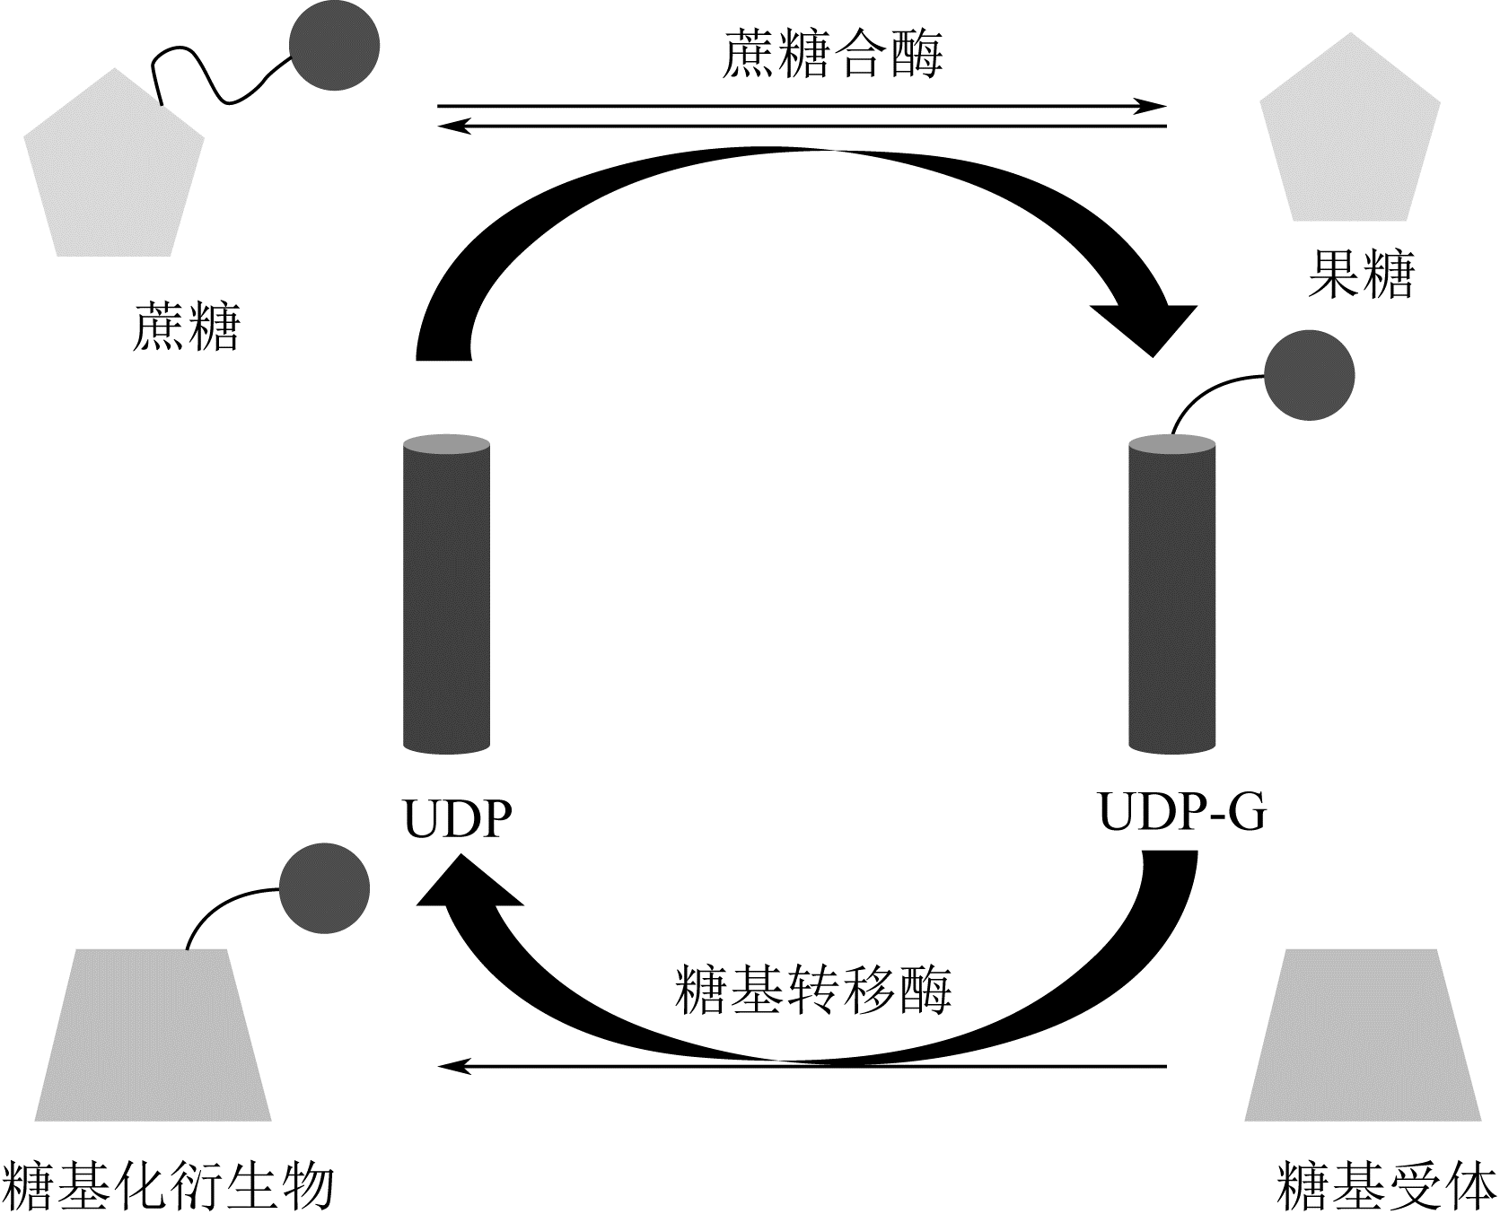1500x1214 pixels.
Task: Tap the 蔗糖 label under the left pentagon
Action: click(187, 326)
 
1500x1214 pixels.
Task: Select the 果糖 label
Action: click(1361, 274)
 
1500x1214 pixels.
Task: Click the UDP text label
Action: click(458, 818)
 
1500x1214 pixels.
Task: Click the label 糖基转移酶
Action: click(812, 990)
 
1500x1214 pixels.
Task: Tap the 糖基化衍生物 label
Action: click(169, 1186)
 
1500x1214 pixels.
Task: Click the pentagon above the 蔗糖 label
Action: click(114, 170)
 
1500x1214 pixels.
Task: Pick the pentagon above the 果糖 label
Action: click(1350, 135)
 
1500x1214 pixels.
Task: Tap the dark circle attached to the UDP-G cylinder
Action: click(1309, 376)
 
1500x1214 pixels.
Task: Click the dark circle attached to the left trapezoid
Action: click(324, 887)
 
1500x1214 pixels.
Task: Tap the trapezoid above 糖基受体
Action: click(1363, 1035)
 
